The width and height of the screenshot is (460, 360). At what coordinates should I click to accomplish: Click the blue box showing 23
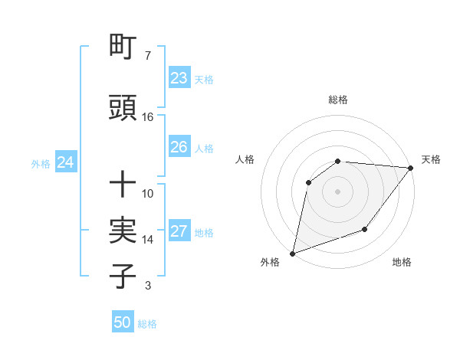click(179, 78)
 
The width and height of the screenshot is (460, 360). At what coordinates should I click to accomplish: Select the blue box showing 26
click(179, 147)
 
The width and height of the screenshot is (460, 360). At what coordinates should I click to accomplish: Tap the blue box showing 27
click(179, 232)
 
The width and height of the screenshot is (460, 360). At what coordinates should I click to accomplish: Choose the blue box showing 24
click(65, 162)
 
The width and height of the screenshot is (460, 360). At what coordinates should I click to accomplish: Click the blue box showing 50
click(123, 322)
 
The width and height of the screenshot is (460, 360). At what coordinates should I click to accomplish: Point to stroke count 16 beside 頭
click(148, 117)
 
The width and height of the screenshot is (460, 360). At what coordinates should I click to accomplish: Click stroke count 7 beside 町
click(147, 56)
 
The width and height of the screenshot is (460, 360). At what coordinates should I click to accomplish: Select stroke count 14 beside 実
click(148, 240)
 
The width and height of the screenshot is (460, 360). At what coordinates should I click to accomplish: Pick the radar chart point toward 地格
click(365, 229)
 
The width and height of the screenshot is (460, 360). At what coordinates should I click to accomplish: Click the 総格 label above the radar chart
click(338, 100)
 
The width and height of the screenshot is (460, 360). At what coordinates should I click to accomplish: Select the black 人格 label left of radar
click(245, 159)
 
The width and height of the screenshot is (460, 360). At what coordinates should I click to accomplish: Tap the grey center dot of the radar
click(337, 191)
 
